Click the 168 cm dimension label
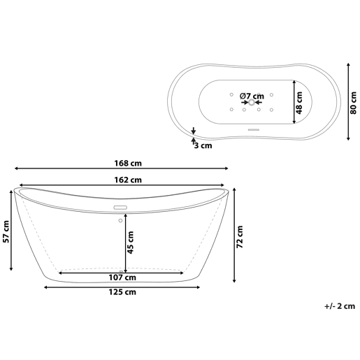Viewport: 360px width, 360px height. (x=128, y=164)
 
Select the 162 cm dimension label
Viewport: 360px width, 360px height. (x=128, y=180)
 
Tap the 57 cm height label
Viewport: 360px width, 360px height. (x=6, y=231)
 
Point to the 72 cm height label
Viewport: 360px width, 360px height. (x=240, y=237)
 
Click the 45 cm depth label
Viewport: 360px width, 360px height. (x=131, y=243)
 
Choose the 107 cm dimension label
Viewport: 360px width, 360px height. (x=122, y=278)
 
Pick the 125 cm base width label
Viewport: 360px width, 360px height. (x=122, y=292)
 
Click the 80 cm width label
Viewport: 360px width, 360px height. (x=354, y=103)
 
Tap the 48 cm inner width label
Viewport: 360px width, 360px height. (x=299, y=103)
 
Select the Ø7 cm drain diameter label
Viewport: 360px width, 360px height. (x=252, y=96)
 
